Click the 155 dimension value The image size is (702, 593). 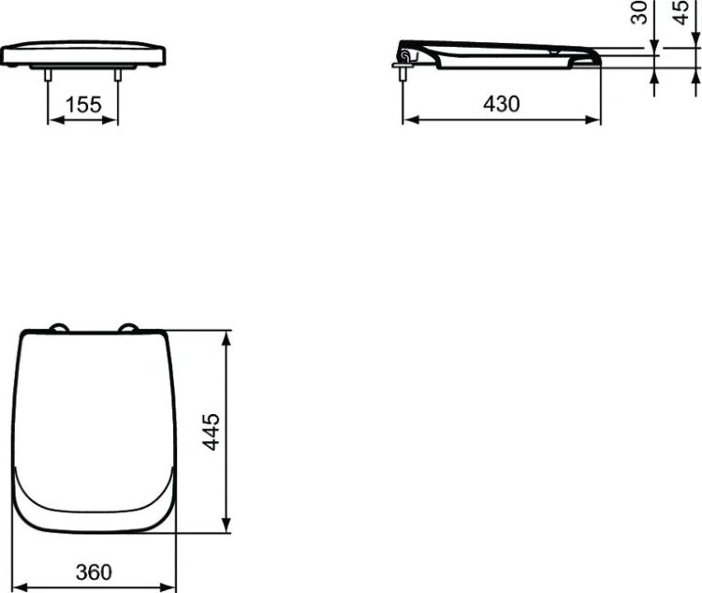[83, 105]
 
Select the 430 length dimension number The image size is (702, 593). [502, 105]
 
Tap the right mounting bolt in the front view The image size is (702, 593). [118, 79]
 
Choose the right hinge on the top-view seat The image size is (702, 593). [128, 327]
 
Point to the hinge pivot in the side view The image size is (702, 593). [405, 57]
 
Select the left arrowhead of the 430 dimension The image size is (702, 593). [409, 120]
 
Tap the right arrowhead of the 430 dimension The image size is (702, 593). [595, 120]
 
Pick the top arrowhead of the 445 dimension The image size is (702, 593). [226, 336]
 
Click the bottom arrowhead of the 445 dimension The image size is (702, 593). [226, 527]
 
